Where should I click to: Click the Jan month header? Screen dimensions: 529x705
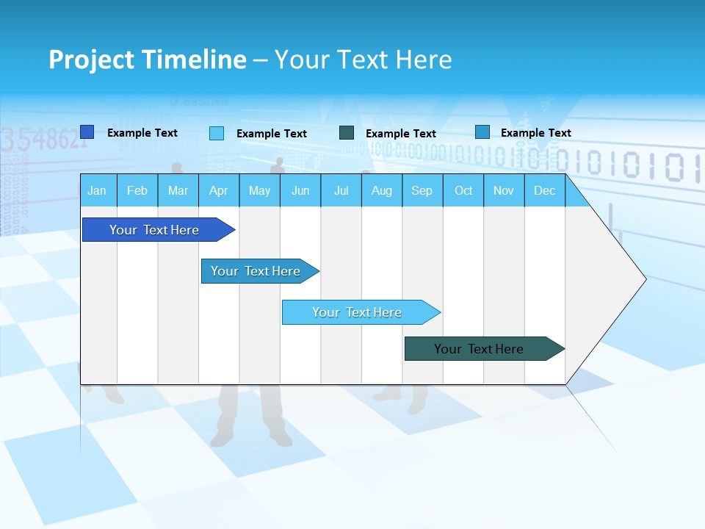97,191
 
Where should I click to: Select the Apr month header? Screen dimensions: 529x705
218,191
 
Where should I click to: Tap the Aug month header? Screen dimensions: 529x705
381,191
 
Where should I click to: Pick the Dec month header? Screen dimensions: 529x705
544,191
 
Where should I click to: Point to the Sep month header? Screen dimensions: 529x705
422,191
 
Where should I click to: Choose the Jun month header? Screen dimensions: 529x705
300,191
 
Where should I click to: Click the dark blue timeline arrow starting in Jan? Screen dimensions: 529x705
154,230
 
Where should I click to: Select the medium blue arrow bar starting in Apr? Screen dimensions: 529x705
256,271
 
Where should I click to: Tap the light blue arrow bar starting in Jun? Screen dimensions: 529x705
357,312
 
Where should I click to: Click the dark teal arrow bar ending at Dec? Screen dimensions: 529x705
479,349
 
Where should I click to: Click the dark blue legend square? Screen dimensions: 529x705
87,132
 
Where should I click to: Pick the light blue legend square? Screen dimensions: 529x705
217,133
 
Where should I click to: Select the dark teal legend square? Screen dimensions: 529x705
347,133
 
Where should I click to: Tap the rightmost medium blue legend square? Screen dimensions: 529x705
482,132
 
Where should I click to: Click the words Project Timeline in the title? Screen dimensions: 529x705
148,60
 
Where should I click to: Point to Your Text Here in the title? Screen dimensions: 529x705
363,60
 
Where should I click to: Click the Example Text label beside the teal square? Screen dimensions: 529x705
401,134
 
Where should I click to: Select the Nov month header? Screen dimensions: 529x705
503,191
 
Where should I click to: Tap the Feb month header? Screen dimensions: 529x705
137,191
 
